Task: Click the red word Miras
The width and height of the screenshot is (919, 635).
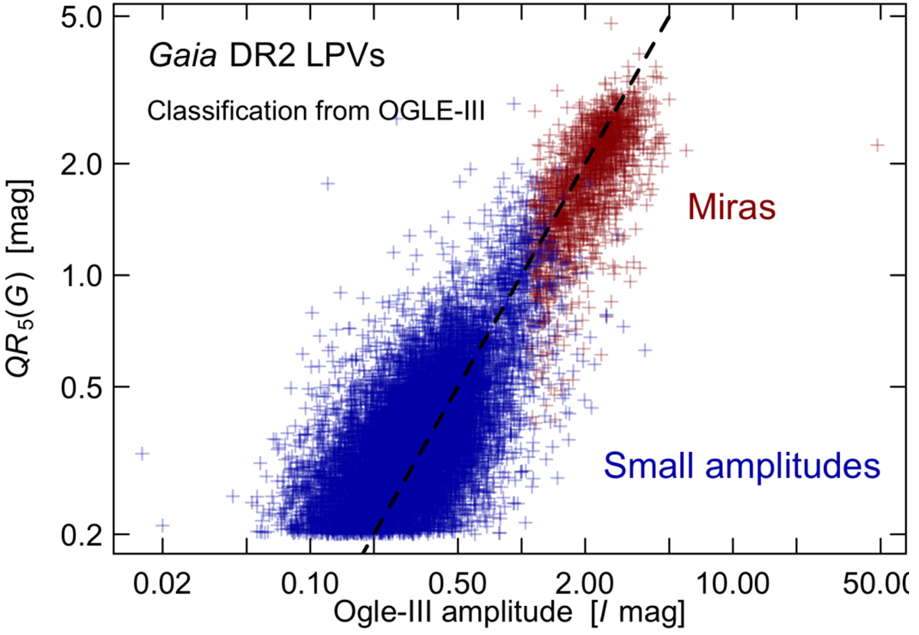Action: pos(733,207)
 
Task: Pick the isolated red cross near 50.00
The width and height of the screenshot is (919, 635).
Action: pos(878,144)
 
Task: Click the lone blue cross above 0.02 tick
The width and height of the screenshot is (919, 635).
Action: pos(162,525)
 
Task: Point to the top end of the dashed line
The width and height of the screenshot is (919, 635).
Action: pos(670,16)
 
